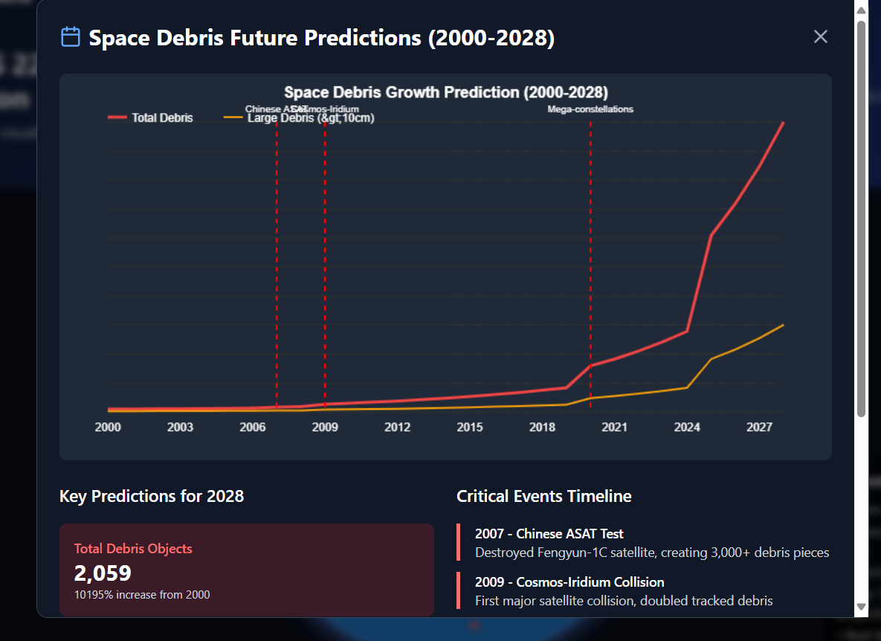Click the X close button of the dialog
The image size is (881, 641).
[x=820, y=36]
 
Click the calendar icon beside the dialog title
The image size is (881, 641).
[x=71, y=36]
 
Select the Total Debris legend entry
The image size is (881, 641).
[x=151, y=117]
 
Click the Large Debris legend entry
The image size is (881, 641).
[x=310, y=117]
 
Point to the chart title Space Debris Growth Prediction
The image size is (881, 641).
[x=446, y=92]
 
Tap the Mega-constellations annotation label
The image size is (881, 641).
[x=590, y=109]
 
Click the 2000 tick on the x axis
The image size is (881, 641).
[x=108, y=427]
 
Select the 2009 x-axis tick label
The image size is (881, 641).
[x=325, y=427]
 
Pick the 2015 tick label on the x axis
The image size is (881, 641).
[x=470, y=427]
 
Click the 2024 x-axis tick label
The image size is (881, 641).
[x=687, y=427]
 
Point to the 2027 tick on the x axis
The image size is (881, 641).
[x=759, y=427]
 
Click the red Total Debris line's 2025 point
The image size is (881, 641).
[x=711, y=235]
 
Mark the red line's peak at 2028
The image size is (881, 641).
[x=783, y=123]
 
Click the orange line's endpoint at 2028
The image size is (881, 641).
[x=783, y=325]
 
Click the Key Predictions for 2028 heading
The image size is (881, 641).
[x=152, y=496]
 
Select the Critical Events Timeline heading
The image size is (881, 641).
[x=544, y=496]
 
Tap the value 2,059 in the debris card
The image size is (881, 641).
[x=103, y=573]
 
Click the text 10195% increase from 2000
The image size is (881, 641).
[x=142, y=594]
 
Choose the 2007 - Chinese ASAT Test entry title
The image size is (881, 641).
[x=549, y=533]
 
